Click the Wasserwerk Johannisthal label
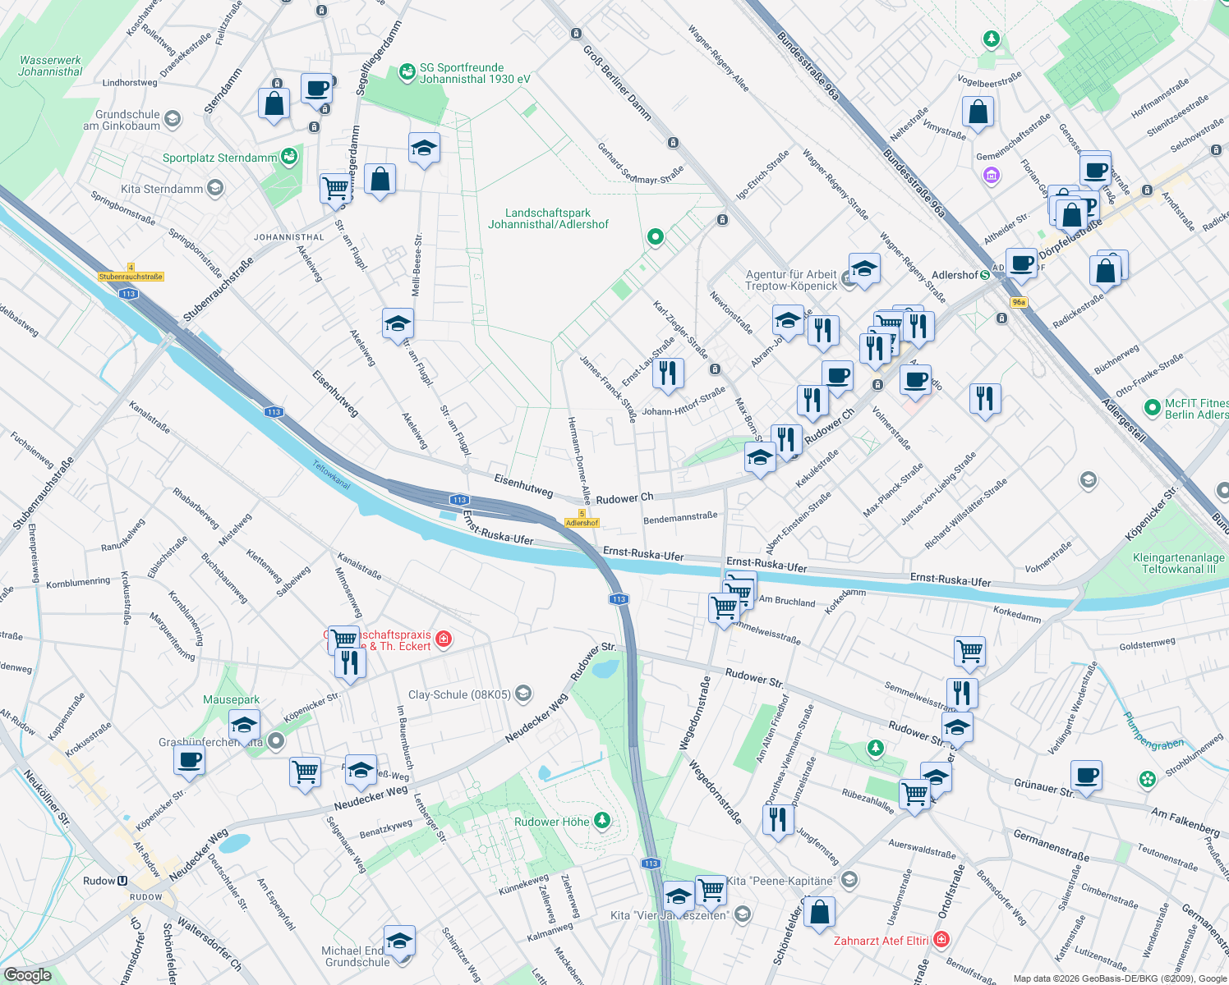[x=50, y=66]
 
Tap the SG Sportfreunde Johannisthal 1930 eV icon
[x=407, y=73]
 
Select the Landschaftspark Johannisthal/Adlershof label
[x=548, y=218]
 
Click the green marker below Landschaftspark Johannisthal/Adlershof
[x=655, y=237]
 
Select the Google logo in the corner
[x=27, y=974]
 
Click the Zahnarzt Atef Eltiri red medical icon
[x=941, y=939]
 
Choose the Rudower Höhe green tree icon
[x=602, y=821]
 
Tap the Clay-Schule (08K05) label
[x=460, y=694]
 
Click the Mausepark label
[x=231, y=699]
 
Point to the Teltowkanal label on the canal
[x=331, y=474]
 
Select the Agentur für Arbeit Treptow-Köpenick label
[x=791, y=280]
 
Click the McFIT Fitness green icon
[x=1152, y=405]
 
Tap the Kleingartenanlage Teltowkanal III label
[x=1178, y=563]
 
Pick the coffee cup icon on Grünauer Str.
[x=1086, y=775]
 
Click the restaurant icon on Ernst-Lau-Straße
[x=668, y=373]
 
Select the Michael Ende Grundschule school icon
[x=399, y=941]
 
